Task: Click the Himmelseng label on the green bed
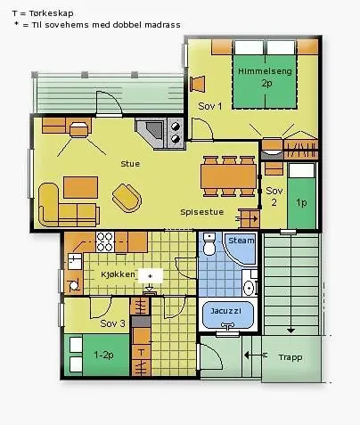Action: [x=265, y=71]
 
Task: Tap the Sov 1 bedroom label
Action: [x=210, y=106]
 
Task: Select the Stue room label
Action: [x=130, y=164]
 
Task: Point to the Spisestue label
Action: [x=202, y=212]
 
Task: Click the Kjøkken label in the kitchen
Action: [x=118, y=274]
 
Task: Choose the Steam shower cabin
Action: [x=240, y=249]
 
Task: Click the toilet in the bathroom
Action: [x=209, y=244]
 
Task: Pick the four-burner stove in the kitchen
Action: [x=105, y=241]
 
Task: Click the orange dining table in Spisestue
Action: [x=228, y=176]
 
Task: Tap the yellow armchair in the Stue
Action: [x=127, y=198]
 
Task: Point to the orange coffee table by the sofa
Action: [x=80, y=187]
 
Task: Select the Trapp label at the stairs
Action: [x=290, y=357]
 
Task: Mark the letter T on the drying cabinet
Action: [x=141, y=353]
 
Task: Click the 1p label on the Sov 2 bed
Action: [x=301, y=203]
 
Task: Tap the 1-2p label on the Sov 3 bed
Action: [x=103, y=355]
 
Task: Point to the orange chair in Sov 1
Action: [x=198, y=84]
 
